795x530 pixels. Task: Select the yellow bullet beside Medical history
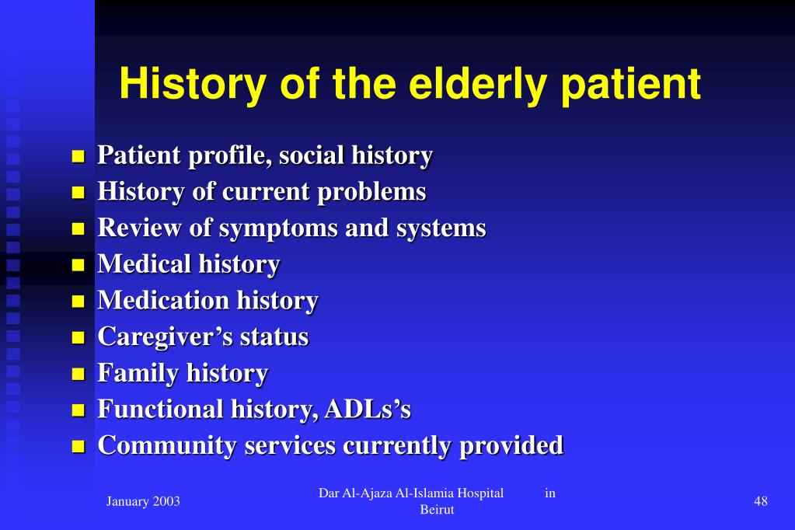tap(78, 266)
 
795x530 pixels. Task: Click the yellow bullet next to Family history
tap(78, 375)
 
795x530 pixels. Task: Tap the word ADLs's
tap(367, 410)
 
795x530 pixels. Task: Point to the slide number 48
tap(761, 501)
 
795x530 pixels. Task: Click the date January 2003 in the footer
tap(143, 501)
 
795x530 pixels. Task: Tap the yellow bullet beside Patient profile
tap(78, 157)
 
